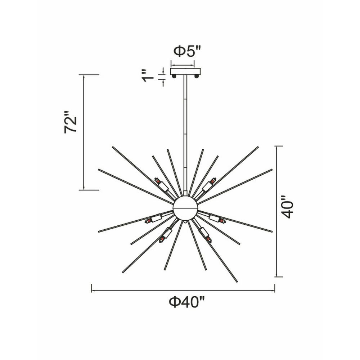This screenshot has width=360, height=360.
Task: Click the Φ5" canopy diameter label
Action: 186,51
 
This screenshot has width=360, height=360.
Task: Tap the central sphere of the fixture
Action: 185,208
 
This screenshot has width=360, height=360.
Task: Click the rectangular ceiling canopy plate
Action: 185,71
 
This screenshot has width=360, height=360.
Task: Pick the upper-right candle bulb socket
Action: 208,185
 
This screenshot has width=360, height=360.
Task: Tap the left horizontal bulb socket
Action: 154,219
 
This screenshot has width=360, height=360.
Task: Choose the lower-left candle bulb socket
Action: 166,234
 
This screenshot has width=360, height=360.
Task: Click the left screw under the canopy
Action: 174,76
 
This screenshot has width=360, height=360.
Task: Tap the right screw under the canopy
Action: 196,76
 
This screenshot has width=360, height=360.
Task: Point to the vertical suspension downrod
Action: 185,133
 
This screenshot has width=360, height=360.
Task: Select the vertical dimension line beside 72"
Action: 84,132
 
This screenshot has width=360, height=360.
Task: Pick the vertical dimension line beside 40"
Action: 276,211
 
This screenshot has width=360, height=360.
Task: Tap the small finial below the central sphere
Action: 185,222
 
